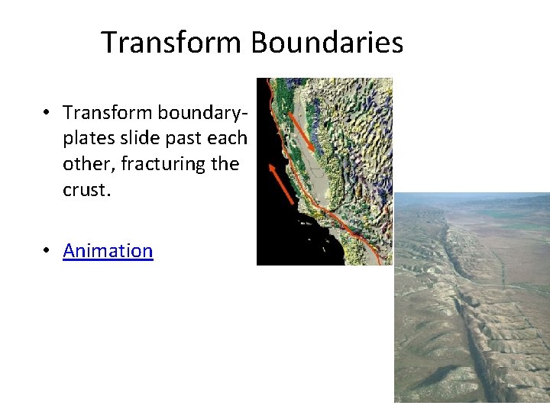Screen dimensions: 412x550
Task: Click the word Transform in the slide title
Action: tap(173, 43)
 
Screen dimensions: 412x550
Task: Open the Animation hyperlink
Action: tap(108, 251)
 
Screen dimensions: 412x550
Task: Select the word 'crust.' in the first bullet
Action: tap(87, 190)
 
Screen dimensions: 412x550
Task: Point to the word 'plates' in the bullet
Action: tap(86, 139)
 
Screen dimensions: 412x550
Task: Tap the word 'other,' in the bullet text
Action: tap(87, 164)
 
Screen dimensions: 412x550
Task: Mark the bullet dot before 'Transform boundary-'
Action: tap(47, 113)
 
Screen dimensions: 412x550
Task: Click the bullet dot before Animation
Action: tap(47, 251)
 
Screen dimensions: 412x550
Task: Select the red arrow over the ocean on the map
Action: tap(281, 182)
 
